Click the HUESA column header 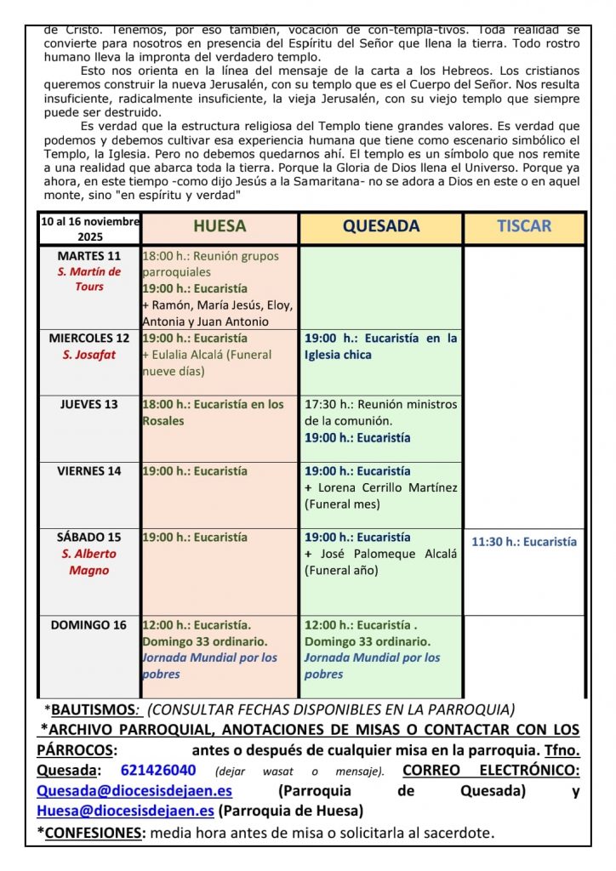pos(220,226)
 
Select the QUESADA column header pos(380,226)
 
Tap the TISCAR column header pos(524,226)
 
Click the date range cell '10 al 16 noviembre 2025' pos(89,229)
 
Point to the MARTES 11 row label pos(89,255)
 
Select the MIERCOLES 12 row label pos(89,338)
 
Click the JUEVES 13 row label pos(89,404)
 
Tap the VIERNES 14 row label pos(89,470)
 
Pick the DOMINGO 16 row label pos(89,625)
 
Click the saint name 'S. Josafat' pos(89,355)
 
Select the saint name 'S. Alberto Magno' pos(89,561)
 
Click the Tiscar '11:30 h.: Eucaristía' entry pos(524,542)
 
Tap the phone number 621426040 pos(158,770)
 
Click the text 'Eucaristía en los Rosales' pos(213,413)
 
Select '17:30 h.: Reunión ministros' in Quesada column pos(380,404)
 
